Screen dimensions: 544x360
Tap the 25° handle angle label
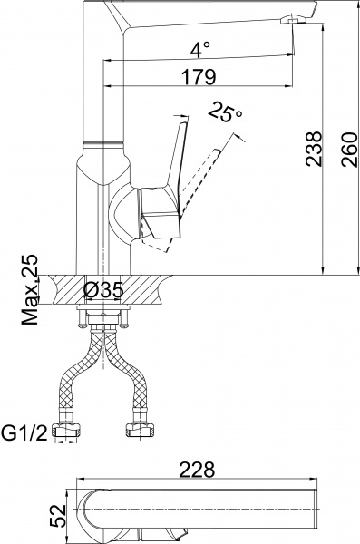(x=225, y=112)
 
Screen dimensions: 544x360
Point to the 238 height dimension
(x=311, y=145)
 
